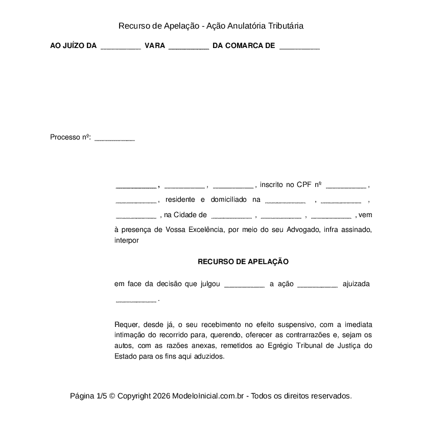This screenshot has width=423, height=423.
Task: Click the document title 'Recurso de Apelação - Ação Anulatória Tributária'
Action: [x=211, y=26]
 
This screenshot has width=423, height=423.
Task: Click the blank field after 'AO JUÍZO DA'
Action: [x=121, y=46]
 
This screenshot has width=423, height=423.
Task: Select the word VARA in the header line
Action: [x=155, y=46]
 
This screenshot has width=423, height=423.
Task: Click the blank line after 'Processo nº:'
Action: [x=115, y=138]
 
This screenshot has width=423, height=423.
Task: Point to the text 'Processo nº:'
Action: [x=70, y=137]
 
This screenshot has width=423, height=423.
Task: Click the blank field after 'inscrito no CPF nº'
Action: [x=346, y=186]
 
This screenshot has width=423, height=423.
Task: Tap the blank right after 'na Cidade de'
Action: [x=231, y=216]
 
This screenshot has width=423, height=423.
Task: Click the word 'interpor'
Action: [x=127, y=240]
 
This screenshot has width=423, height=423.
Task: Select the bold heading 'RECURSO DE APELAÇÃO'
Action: [x=243, y=262]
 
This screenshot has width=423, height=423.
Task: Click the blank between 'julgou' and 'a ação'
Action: [x=244, y=285]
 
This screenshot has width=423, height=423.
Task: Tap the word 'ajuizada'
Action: [x=356, y=284]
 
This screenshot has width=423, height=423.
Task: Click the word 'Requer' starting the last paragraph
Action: [x=125, y=325]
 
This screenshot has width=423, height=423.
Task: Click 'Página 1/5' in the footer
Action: [x=88, y=396]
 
